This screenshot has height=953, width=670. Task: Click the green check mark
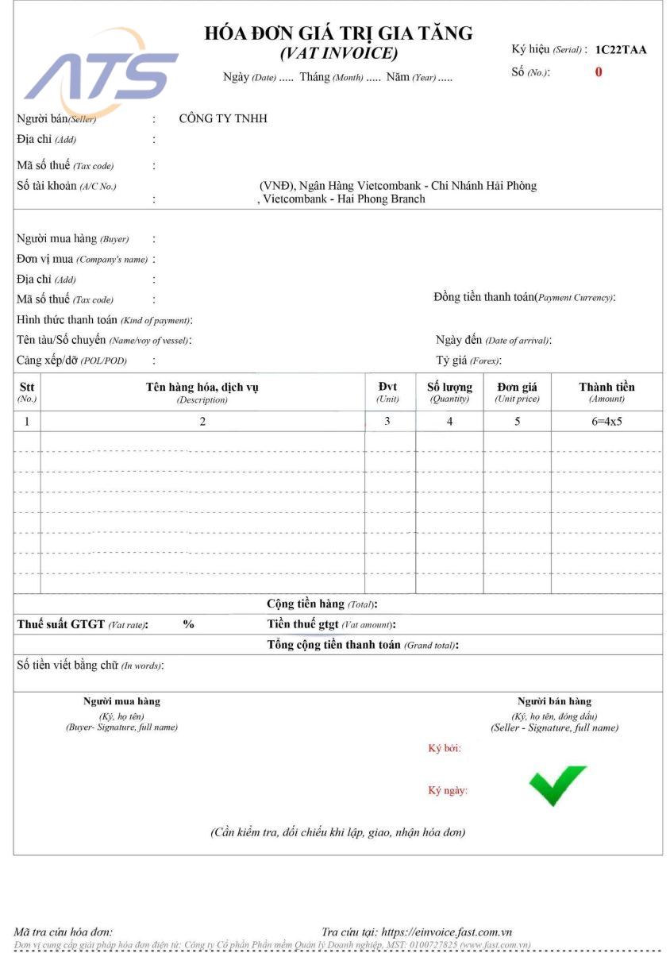pos(557,785)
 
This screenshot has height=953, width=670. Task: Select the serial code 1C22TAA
pos(621,49)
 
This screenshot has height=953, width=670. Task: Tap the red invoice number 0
pos(599,72)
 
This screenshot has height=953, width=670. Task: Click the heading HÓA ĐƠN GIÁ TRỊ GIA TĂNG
pos(338,33)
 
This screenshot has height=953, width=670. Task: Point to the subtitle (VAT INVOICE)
pos(339,54)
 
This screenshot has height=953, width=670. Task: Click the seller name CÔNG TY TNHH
pos(223,119)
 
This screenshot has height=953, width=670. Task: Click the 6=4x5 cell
pos(606,422)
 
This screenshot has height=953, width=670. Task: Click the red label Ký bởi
pos(445,748)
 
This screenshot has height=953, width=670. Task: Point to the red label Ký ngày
pos(448,791)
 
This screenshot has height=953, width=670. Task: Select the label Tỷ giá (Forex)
pos(468,361)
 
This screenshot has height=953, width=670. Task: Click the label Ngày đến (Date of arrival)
pos(493,340)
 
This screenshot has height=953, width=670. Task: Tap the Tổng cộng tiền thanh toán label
pos(362,645)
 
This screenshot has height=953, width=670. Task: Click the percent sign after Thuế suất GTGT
pos(188,624)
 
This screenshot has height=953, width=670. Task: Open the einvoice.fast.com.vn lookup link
pos(446,932)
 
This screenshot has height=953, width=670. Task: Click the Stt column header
pos(27,392)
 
